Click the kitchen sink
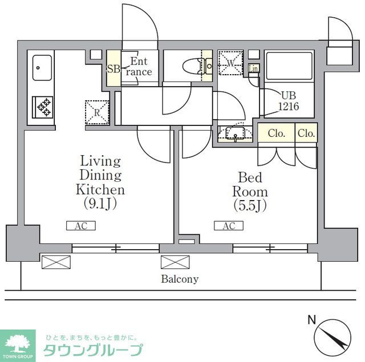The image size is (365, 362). pyautogui.click(x=42, y=68)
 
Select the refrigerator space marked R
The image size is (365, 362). pyautogui.click(x=97, y=112)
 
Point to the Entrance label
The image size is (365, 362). pyautogui.click(x=140, y=67)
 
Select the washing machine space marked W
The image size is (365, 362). pyautogui.click(x=230, y=62)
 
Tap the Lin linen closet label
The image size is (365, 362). pyautogui.click(x=254, y=69)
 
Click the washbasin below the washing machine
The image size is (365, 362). pyautogui.click(x=234, y=134)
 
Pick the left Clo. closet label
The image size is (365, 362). pyautogui.click(x=277, y=134)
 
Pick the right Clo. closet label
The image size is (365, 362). pyautogui.click(x=306, y=134)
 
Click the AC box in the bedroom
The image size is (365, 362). pyautogui.click(x=228, y=226)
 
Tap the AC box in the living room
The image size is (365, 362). pyautogui.click(x=80, y=226)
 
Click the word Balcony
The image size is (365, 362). pyautogui.click(x=179, y=279)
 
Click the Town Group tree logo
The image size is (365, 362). pyautogui.click(x=18, y=343)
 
